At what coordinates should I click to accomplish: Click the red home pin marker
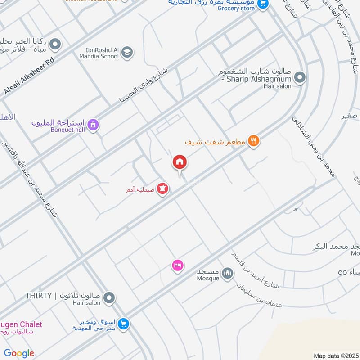179,162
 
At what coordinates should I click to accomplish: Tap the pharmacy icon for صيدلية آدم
162,189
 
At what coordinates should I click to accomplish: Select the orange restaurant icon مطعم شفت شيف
254,141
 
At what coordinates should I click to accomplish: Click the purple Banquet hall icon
93,124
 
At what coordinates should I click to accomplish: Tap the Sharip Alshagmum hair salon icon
301,78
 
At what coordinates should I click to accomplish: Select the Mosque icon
228,273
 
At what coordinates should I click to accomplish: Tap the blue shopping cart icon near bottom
124,323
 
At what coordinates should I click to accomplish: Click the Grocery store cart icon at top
263,4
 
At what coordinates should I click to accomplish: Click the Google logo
19,353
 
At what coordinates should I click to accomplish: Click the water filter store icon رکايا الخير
55,44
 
